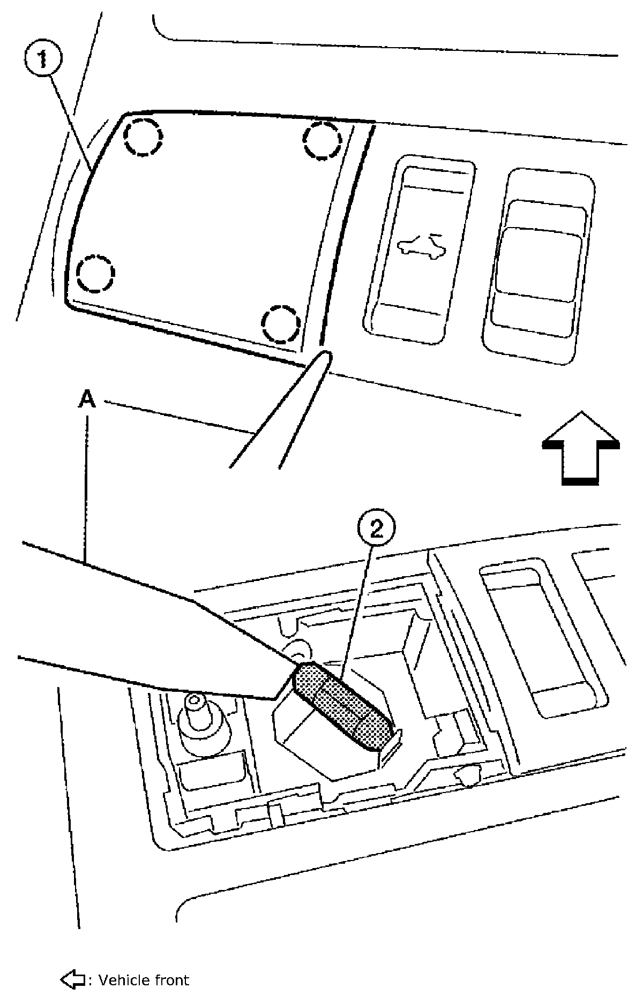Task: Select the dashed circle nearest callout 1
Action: [143, 136]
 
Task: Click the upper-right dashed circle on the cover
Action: [323, 141]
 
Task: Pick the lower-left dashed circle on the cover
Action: [95, 274]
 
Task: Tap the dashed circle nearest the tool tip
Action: [281, 324]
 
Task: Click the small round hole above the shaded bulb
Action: [298, 650]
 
